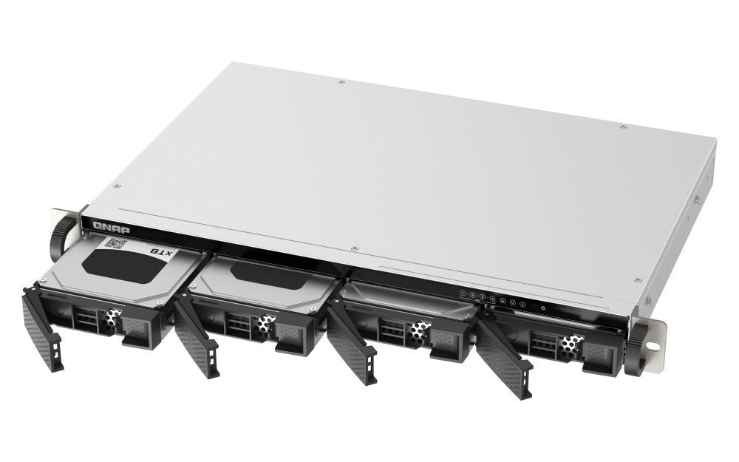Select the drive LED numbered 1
click(x=463, y=293)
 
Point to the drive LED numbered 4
click(x=492, y=299)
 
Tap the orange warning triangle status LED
click(x=503, y=301)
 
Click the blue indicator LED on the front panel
click(x=513, y=303)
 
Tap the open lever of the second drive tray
click(x=196, y=340)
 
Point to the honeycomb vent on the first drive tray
click(x=111, y=317)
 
